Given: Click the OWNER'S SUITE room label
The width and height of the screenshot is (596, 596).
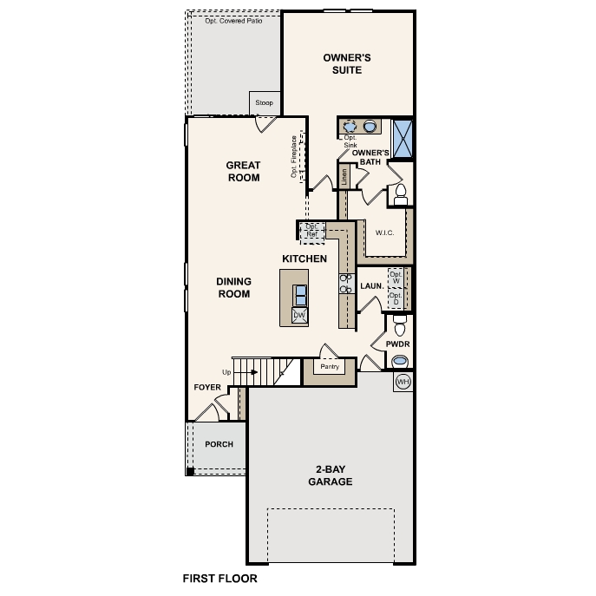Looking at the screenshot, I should tap(347, 63).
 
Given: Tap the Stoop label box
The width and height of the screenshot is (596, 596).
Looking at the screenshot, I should tap(264, 103).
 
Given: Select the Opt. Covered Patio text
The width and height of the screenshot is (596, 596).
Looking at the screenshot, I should tap(233, 21).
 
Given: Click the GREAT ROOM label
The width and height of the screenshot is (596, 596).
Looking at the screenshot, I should tap(243, 171).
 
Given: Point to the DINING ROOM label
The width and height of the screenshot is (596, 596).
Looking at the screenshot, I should tap(233, 287).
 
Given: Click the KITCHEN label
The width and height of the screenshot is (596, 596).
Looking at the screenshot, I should tap(305, 259).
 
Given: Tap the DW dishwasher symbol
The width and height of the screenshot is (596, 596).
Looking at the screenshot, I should tap(300, 315).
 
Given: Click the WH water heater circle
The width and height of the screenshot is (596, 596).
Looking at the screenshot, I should tap(403, 382).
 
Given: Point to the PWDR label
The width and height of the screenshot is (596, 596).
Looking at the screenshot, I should tap(397, 344).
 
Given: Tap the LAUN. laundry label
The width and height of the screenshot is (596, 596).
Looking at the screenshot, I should tap(372, 285).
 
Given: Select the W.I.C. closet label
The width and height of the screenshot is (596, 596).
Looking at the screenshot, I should tap(385, 233).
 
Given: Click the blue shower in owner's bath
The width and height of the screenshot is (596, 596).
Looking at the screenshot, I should tap(403, 138).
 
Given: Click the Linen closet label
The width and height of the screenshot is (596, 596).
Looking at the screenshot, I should tap(344, 177).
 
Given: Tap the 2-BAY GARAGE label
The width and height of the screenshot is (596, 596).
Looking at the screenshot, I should tap(330, 475).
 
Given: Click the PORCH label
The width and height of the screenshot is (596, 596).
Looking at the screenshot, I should tap(219, 444).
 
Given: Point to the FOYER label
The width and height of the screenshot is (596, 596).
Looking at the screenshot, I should tap(206, 388).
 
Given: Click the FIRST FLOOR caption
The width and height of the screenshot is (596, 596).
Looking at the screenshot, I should tap(219, 577).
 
